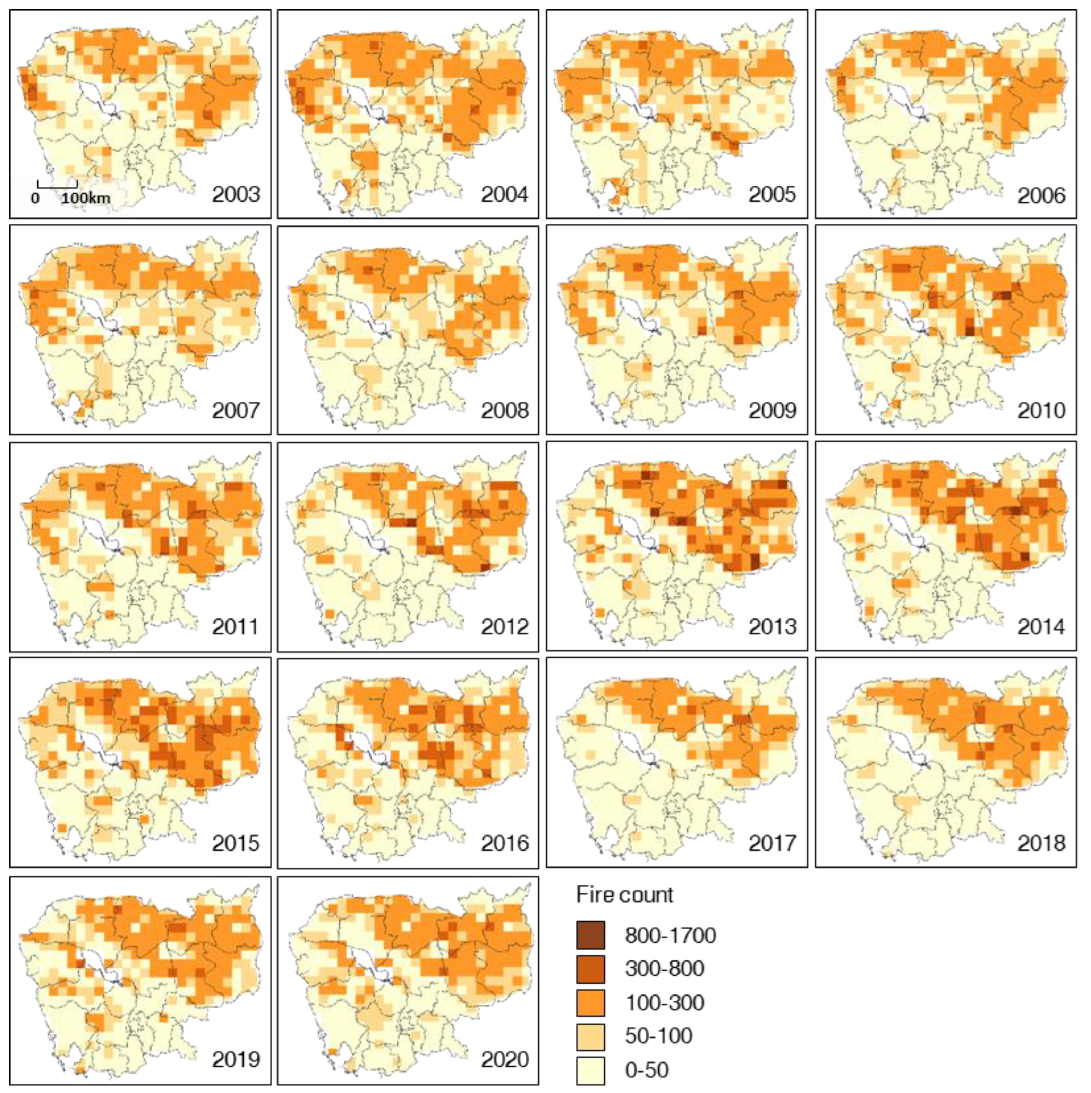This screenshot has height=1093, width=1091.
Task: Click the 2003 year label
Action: coord(236,195)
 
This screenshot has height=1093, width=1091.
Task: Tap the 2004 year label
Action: coord(505,195)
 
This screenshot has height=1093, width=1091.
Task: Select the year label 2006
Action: coord(1041,196)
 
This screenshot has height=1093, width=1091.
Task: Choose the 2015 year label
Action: coord(236,843)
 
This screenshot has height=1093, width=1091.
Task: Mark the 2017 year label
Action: coord(773,843)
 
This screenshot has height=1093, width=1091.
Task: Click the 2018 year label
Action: coord(1041,843)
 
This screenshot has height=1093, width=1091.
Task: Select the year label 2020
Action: coord(505,1059)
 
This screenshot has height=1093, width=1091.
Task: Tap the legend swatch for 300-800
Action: coord(590,969)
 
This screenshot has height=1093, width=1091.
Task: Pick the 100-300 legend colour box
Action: coord(590,1003)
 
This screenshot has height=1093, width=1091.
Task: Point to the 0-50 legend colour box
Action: coord(590,1070)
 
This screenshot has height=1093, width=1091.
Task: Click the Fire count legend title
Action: coord(624,895)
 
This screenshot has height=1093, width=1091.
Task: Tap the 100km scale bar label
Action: coord(86,198)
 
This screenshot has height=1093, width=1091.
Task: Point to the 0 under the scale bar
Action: coord(35,198)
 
